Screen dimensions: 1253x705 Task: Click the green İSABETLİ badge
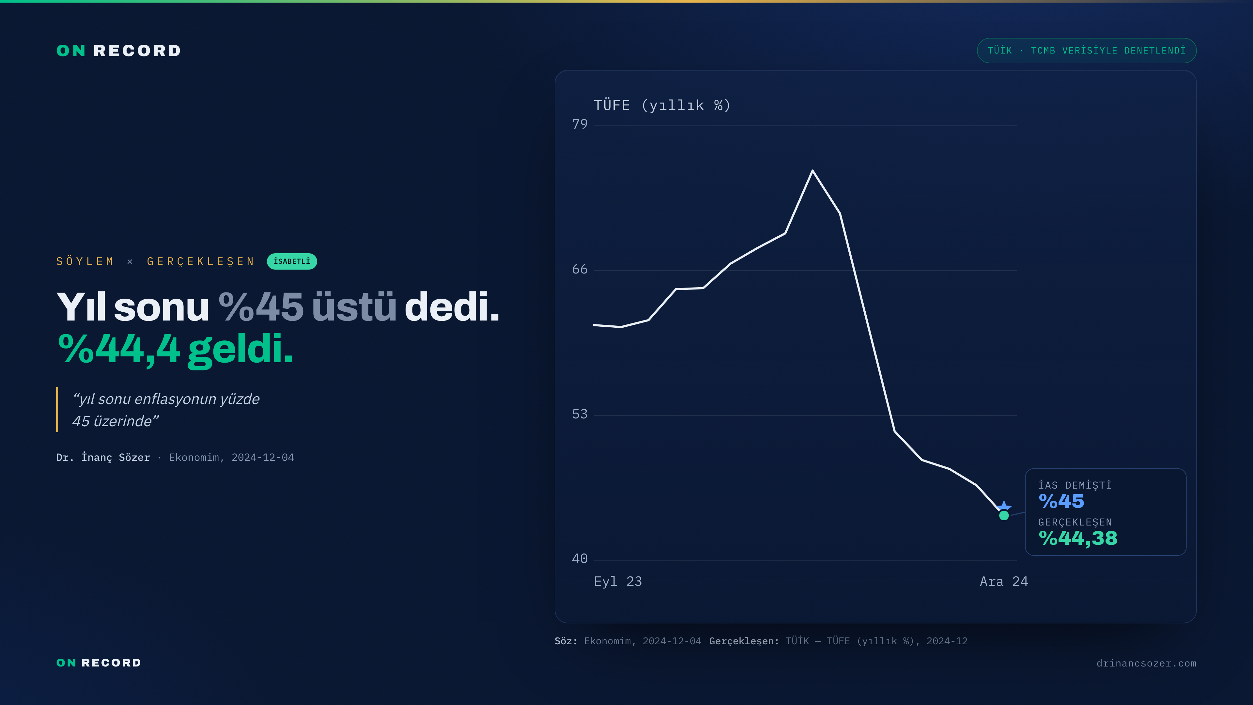click(292, 261)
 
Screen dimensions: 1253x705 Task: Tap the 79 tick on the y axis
click(580, 124)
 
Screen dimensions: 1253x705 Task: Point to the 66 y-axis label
click(580, 269)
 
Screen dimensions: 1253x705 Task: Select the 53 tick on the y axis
click(580, 414)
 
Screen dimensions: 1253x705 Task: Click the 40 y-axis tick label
click(580, 558)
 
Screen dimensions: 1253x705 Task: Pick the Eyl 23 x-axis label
click(618, 581)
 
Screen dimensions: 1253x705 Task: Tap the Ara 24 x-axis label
click(1003, 581)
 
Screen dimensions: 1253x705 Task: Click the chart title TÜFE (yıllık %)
click(662, 105)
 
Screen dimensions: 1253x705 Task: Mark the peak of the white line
click(812, 170)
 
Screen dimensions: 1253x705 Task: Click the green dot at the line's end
click(1004, 515)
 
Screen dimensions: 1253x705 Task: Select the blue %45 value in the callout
click(1061, 501)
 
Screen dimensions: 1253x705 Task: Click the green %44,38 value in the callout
click(1078, 538)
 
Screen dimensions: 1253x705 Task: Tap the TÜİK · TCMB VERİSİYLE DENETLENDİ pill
click(1087, 51)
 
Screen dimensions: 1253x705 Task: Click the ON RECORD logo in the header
click(119, 51)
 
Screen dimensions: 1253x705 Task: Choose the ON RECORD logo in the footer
click(99, 663)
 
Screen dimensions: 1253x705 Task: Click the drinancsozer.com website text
click(1147, 663)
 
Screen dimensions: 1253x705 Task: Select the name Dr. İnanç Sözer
click(103, 457)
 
